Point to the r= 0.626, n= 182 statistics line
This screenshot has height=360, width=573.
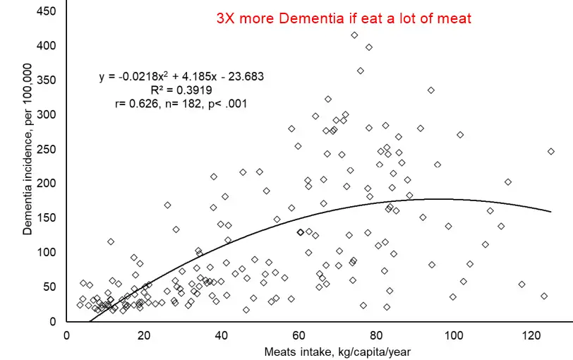tap(181, 104)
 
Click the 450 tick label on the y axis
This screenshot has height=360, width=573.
tap(48, 11)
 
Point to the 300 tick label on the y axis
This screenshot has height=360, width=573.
tap(48, 114)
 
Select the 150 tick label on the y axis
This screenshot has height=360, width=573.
tap(48, 217)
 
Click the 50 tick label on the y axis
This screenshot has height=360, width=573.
tap(51, 287)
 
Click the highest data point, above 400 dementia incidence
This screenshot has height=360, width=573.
tap(354, 35)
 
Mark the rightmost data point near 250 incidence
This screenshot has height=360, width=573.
tap(550, 151)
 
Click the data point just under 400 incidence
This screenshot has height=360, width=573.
tap(368, 47)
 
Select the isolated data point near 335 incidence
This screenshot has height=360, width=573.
tap(430, 90)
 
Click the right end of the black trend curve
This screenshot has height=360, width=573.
tap(550, 211)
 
